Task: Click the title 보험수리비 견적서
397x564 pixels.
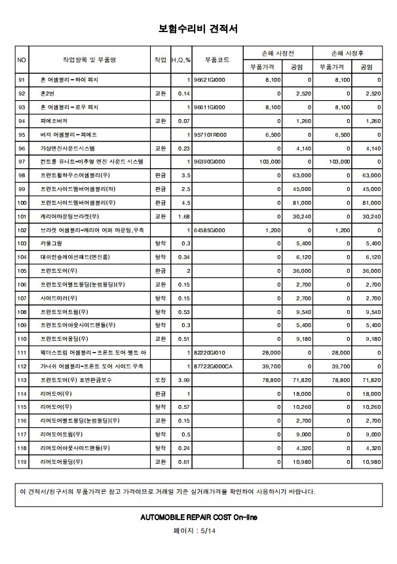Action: [198, 29]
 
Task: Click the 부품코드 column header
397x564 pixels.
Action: [217, 60]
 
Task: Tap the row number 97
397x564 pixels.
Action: [22, 161]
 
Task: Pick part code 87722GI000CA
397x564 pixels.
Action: [213, 366]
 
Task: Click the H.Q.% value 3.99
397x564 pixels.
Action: [183, 380]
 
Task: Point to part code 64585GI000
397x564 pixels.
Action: [210, 230]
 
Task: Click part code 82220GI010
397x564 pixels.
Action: [210, 353]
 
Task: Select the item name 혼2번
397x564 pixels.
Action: [48, 94]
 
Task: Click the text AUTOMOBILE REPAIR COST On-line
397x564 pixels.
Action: [198, 517]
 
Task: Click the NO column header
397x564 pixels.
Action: [22, 60]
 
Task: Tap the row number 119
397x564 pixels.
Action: [22, 462]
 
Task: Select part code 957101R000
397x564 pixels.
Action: [210, 134]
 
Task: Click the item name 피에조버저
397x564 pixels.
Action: [54, 121]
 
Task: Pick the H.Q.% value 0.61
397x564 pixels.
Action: [184, 462]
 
